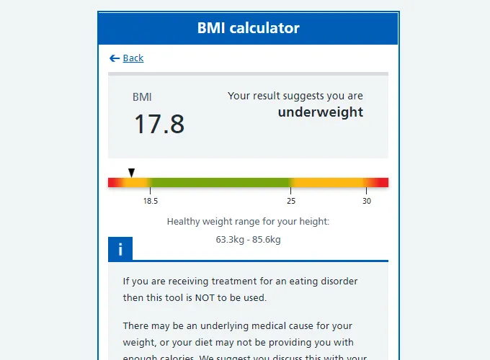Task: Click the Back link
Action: coord(133,58)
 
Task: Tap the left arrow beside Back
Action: coord(114,58)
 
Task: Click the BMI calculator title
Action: coord(248,29)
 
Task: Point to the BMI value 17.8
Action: coord(159,124)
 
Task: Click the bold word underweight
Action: coord(321,112)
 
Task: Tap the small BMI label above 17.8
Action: coord(142,97)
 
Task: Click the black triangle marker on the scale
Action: coord(131,173)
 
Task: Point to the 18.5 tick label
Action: coord(150,202)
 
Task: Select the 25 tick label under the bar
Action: coord(291,202)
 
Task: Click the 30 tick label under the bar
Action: coord(367,202)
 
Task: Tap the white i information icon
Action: coord(120,249)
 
